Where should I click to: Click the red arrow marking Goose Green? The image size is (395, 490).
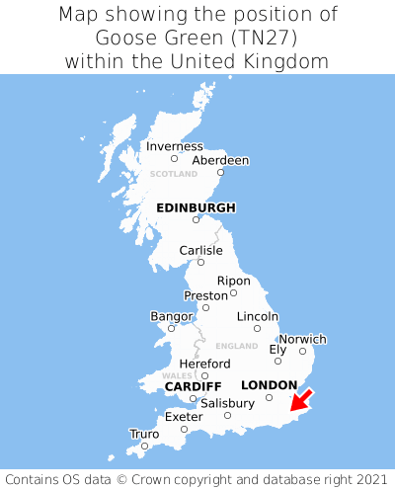(x=300, y=399)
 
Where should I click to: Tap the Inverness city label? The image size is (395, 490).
(x=174, y=146)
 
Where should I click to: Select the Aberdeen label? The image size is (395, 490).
(x=220, y=160)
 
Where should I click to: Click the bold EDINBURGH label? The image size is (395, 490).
(x=196, y=207)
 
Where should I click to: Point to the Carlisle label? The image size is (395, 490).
(x=200, y=251)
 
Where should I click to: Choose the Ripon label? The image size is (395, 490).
(x=233, y=281)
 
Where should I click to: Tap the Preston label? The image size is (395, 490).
(x=205, y=295)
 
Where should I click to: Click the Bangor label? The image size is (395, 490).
(x=171, y=316)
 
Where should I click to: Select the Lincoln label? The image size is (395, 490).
(x=257, y=316)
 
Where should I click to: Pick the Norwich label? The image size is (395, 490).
(x=302, y=339)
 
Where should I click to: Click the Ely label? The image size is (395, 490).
(x=277, y=349)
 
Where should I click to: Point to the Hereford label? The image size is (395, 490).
(x=204, y=364)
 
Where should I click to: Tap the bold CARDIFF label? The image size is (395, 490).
(x=193, y=385)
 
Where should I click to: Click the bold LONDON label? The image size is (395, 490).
(x=269, y=384)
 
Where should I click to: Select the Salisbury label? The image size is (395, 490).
(x=227, y=403)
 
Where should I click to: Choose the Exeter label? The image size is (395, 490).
(x=184, y=417)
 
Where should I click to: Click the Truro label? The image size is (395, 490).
(x=144, y=434)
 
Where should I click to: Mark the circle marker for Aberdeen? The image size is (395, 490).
(x=221, y=173)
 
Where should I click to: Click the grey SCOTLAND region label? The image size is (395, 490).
(x=174, y=174)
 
